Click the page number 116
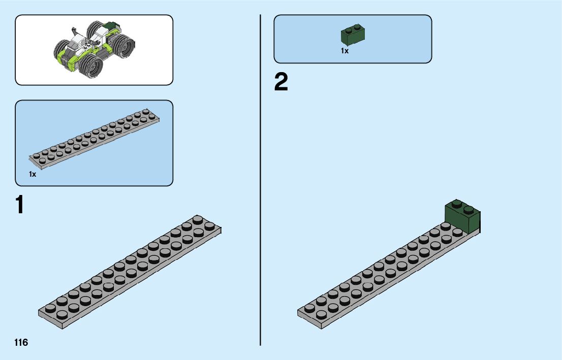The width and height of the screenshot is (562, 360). (21, 342)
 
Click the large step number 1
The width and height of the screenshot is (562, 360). (19, 205)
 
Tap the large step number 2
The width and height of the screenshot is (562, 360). (281, 83)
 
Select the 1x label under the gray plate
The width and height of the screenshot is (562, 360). (33, 174)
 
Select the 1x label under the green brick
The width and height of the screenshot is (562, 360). (345, 51)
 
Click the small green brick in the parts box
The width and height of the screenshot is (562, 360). (354, 35)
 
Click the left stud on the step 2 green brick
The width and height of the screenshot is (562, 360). (456, 204)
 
